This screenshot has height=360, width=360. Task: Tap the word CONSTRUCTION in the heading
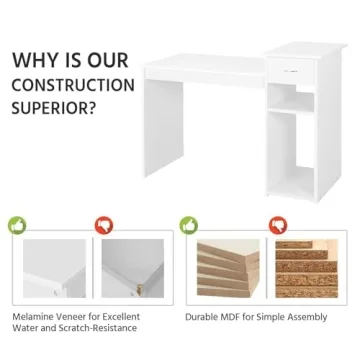point(73,85)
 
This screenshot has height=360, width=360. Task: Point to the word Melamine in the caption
point(34,317)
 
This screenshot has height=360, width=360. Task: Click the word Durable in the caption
point(203,317)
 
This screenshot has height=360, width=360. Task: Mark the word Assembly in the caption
point(307,317)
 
